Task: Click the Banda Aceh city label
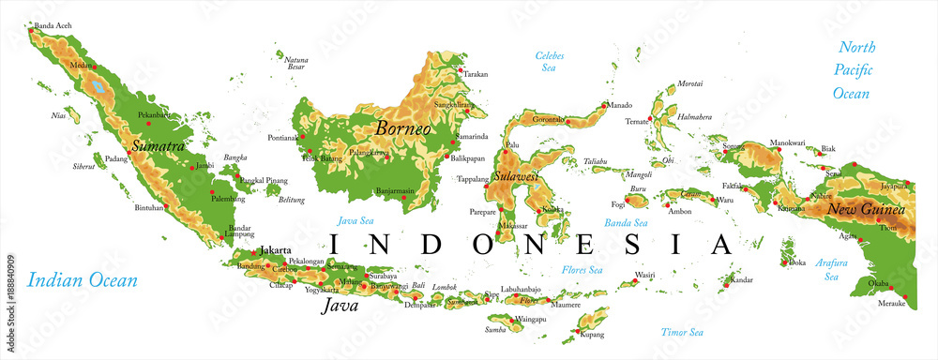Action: (x=53, y=25)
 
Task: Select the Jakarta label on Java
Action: (x=275, y=251)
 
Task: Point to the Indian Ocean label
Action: (x=83, y=279)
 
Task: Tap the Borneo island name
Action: (x=403, y=127)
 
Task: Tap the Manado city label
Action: (x=620, y=105)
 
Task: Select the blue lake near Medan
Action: (x=98, y=89)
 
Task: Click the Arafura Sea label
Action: (x=831, y=270)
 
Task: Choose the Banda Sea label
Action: (x=626, y=223)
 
